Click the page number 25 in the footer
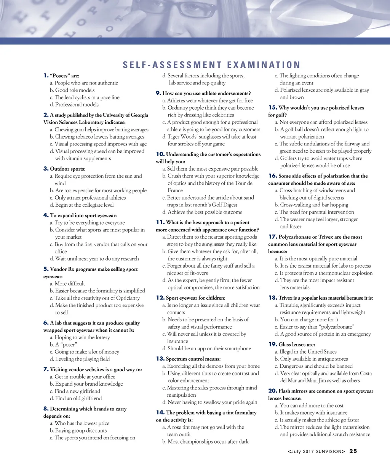click(353, 451)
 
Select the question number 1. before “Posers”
click(46, 75)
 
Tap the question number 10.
click(160, 154)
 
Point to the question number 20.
click(272, 391)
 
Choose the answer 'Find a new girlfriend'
click(77, 391)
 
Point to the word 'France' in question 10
click(175, 190)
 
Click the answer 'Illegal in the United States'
click(308, 351)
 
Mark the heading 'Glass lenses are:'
click(291, 344)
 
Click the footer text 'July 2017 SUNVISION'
click(316, 451)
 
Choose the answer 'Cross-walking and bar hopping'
click(314, 205)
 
